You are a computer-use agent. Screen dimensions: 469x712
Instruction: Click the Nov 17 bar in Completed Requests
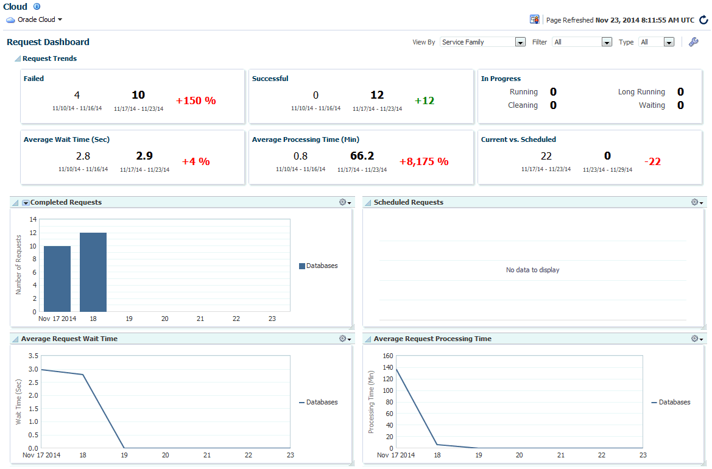coord(57,278)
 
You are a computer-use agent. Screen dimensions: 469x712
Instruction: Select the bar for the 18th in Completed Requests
coord(93,272)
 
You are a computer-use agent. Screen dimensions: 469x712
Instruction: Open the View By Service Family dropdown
coord(520,42)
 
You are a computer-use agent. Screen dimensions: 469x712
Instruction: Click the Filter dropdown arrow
coord(606,42)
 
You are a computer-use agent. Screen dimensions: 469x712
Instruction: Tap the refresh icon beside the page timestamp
coord(703,20)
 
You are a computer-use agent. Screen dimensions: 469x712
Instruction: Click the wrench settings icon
coord(693,42)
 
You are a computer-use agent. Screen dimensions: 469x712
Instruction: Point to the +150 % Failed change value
coord(196,100)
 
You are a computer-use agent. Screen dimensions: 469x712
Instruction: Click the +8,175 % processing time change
coord(424,161)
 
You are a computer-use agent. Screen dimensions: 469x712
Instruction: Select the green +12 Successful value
coord(425,100)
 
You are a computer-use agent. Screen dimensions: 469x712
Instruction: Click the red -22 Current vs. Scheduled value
coord(652,161)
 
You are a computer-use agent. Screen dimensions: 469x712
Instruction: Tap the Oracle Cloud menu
coord(35,19)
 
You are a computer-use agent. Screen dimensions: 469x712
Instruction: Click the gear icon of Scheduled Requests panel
coord(696,202)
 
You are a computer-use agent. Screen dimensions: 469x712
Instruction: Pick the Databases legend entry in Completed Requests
coord(318,266)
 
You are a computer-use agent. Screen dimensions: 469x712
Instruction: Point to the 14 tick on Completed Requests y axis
coord(33,219)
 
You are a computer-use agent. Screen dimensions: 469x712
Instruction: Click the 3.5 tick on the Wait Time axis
coord(33,356)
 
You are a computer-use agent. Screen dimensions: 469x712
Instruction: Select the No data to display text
coord(532,270)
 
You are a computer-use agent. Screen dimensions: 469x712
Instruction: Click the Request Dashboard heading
coord(48,42)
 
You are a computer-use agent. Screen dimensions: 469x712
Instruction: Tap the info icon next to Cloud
coord(37,7)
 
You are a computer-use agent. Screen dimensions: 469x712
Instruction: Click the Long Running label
coord(641,92)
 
